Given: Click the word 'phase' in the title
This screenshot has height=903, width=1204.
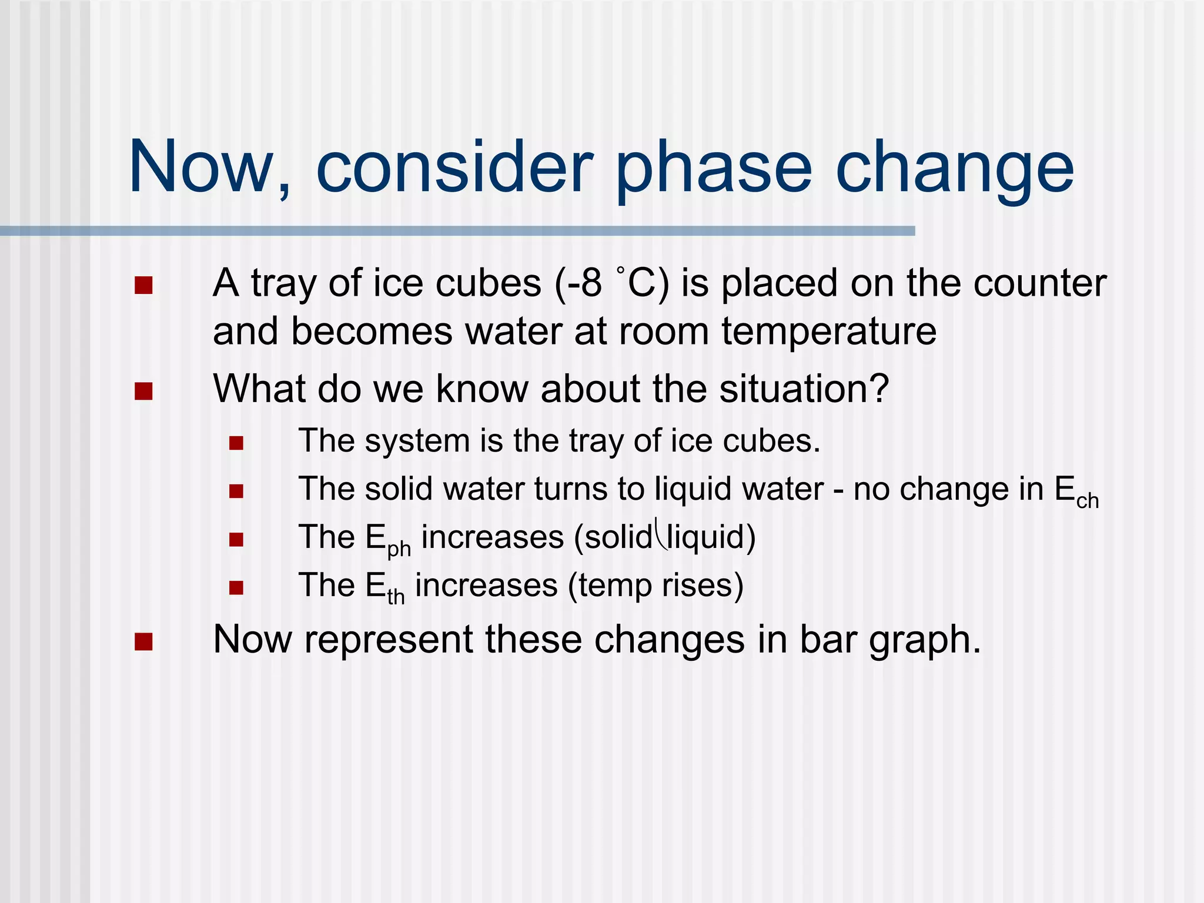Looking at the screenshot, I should (714, 169).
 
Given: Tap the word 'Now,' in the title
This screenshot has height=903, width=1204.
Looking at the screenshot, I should (209, 169).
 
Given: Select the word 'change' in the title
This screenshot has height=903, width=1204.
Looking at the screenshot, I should (955, 169).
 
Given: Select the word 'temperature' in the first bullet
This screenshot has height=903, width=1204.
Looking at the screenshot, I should (828, 331).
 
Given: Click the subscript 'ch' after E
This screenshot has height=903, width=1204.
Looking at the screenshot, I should (1087, 500).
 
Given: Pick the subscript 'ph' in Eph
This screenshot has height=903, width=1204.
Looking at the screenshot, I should (399, 549).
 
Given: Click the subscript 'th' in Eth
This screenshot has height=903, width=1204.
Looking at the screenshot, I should (396, 597).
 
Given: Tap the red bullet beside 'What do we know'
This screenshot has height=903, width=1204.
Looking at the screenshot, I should (143, 391).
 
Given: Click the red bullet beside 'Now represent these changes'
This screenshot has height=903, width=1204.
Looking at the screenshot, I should (143, 642).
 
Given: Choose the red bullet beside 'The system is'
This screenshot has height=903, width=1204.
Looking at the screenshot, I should (236, 443).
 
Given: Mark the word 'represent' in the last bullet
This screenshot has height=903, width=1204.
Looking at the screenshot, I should (389, 639).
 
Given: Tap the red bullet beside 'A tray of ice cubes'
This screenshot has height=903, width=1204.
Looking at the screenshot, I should (143, 286).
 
